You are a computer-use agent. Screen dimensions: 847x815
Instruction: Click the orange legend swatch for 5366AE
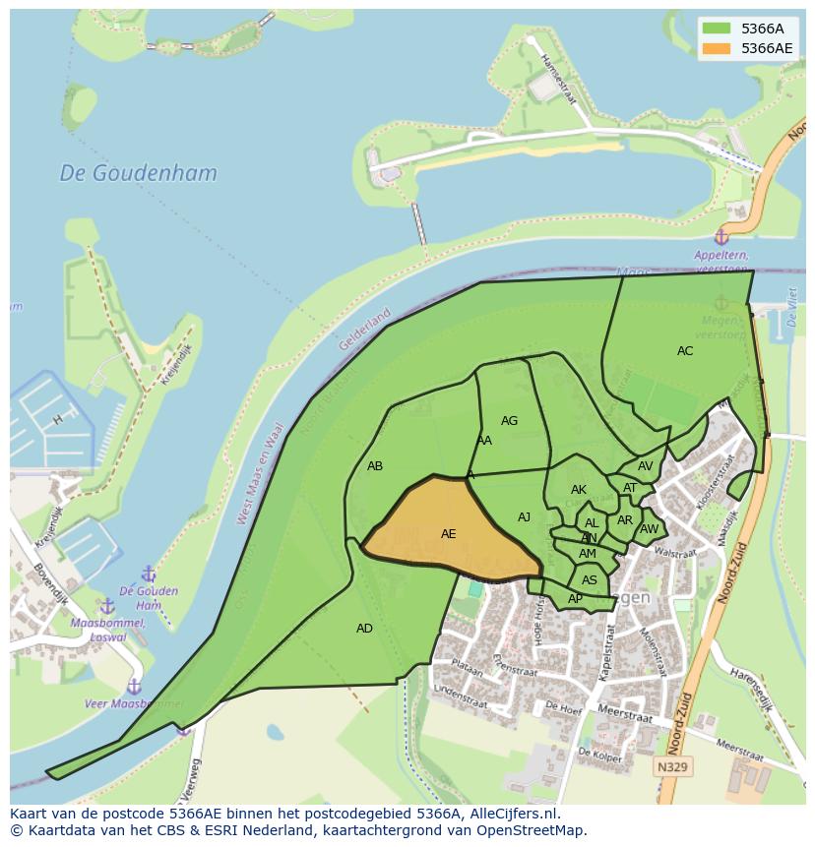coord(717,47)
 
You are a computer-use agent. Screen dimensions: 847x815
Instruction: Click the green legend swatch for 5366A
coord(717,29)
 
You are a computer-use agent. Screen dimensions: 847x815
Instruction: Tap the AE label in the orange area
coord(448,534)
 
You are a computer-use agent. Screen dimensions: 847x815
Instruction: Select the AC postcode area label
coord(685,351)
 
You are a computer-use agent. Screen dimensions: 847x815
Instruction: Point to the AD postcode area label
coord(364,629)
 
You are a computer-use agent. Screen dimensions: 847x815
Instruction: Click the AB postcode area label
coord(375,466)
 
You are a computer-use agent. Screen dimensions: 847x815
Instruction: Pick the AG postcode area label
coord(509,421)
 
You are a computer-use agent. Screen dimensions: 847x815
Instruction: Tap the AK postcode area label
coord(579,490)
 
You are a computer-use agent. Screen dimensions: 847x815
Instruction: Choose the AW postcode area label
coord(649,529)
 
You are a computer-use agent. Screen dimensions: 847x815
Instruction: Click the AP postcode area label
coord(575,599)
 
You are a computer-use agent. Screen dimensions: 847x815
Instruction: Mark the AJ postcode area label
coord(524,517)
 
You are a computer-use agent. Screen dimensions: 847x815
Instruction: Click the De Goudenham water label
coord(138,173)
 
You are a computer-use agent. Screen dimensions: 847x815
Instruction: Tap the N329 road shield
coord(673,766)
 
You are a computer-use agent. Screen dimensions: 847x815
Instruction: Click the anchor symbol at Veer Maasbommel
coord(134,687)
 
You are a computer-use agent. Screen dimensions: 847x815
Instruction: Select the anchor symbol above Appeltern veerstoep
coord(721,237)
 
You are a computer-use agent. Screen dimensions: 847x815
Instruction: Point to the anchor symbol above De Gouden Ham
coord(149,574)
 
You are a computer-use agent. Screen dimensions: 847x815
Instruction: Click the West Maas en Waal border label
coord(260,473)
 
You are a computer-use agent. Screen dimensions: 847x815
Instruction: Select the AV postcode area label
coord(646,466)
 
